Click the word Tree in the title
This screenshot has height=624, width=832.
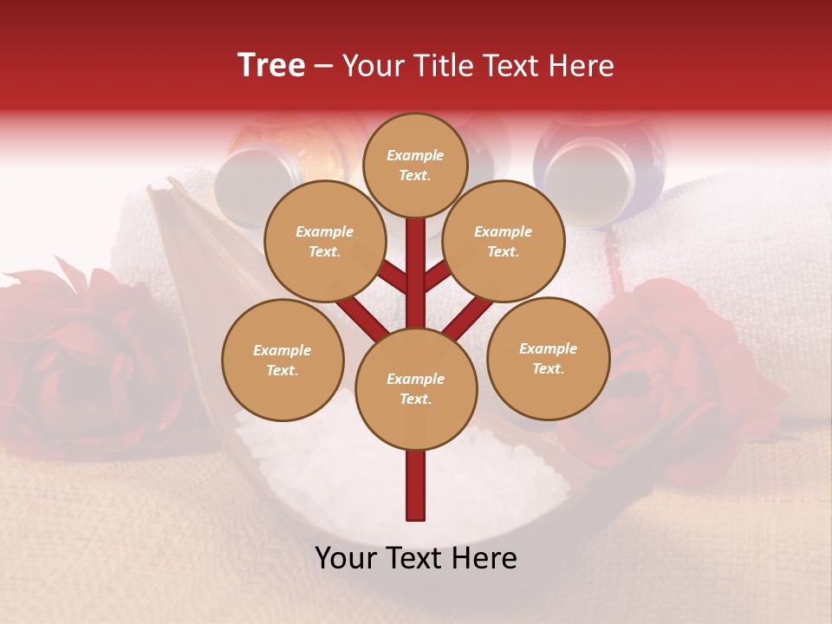point(271,66)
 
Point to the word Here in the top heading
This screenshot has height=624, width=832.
point(582,66)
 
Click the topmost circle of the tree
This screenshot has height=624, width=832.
point(415,165)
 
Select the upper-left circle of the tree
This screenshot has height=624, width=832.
point(324,241)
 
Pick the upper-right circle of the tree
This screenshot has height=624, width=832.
point(503,241)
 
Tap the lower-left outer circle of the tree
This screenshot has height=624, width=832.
point(283,360)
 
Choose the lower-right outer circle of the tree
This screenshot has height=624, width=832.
point(548,358)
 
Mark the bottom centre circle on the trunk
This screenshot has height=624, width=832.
point(416,388)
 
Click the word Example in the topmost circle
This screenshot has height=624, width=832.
point(415,155)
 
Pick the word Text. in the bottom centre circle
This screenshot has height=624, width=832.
point(416,399)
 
